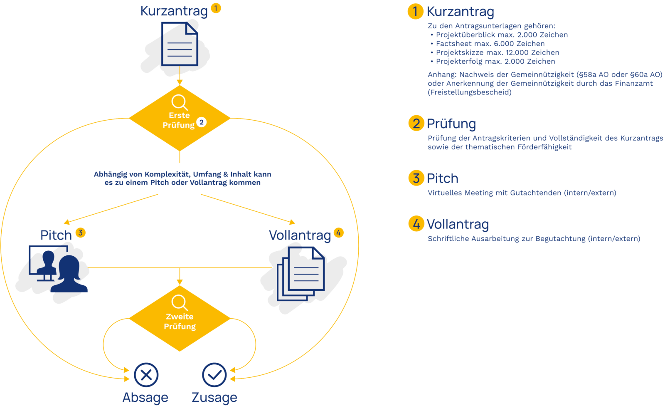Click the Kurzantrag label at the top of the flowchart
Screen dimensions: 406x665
pyautogui.click(x=174, y=11)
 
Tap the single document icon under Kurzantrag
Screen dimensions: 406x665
pyautogui.click(x=180, y=44)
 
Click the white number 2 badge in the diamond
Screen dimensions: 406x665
pyautogui.click(x=202, y=122)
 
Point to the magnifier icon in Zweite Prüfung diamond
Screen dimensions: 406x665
pyautogui.click(x=180, y=303)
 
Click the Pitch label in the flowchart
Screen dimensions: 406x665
pyautogui.click(x=56, y=235)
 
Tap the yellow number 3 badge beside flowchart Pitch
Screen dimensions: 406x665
pyautogui.click(x=81, y=232)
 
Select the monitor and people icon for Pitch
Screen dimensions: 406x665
pyautogui.click(x=58, y=268)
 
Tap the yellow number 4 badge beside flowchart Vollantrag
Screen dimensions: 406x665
pyautogui.click(x=339, y=233)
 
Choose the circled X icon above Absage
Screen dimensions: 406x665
pyautogui.click(x=146, y=375)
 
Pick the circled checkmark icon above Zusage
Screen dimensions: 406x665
pyautogui.click(x=214, y=375)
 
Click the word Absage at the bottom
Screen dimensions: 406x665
pyautogui.click(x=145, y=398)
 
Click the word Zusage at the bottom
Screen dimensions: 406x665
pyautogui.click(x=214, y=398)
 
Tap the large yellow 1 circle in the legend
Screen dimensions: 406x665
pyautogui.click(x=415, y=11)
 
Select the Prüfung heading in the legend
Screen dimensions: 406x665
pyautogui.click(x=451, y=124)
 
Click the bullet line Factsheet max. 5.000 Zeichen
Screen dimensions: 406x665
pyautogui.click(x=490, y=44)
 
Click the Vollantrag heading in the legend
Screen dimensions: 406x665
pyautogui.click(x=458, y=224)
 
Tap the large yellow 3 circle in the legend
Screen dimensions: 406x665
pyautogui.click(x=416, y=178)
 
